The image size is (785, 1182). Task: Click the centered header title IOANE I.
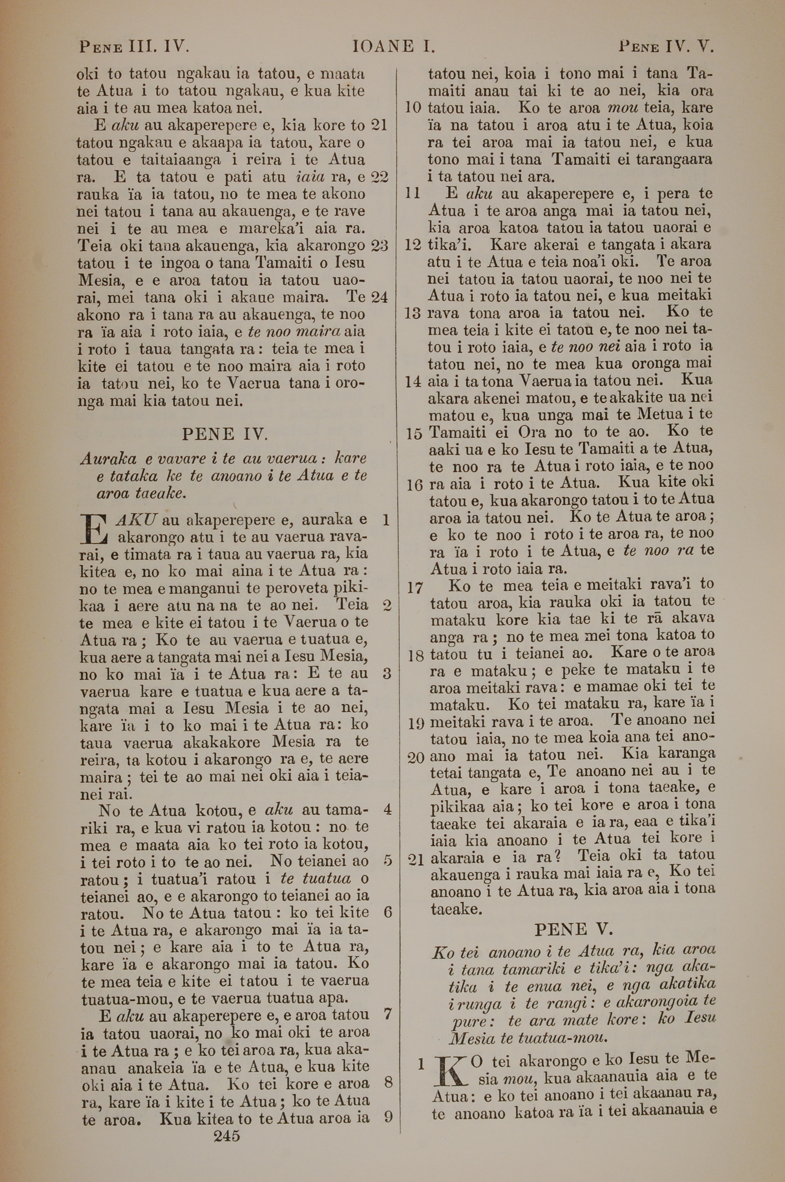point(394,47)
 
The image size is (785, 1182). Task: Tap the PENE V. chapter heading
point(574,930)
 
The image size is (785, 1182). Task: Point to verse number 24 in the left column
point(379,297)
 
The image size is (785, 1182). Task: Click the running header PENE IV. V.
point(665,47)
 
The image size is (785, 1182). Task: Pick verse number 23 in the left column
point(379,246)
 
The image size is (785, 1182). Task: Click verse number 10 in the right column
point(413,108)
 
